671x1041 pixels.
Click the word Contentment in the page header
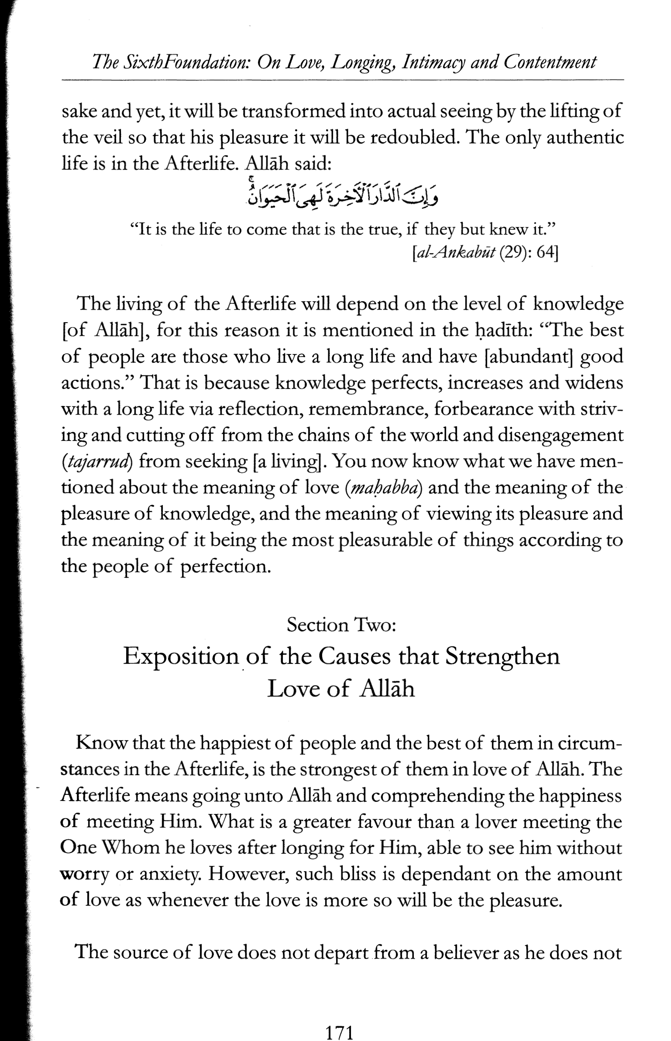coord(550,62)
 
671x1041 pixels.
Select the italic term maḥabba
coord(383,488)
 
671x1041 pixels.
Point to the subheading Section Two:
coord(341,625)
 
